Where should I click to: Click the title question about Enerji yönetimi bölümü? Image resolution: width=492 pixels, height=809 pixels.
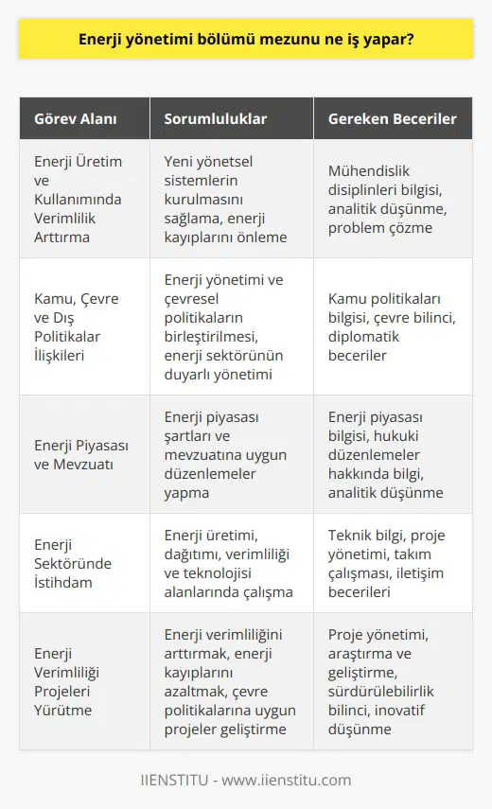click(245, 42)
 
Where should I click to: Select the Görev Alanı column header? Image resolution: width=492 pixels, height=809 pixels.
click(76, 119)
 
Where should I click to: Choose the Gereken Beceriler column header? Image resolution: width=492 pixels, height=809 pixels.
click(392, 119)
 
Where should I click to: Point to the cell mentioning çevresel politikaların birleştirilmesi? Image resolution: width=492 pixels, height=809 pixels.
click(227, 325)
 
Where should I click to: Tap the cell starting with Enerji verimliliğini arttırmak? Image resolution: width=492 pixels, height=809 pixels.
click(227, 682)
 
